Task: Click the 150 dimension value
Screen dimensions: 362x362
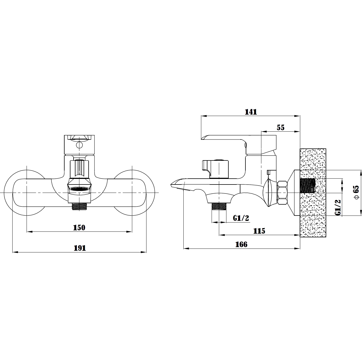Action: (79, 228)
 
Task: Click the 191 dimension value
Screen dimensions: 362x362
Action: (80, 248)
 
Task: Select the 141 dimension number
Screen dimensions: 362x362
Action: (251, 112)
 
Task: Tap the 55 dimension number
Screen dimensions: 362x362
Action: (281, 127)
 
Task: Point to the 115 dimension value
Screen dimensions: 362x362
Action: (259, 231)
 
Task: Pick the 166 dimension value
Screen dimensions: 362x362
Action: (242, 244)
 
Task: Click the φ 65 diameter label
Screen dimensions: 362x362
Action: (356, 192)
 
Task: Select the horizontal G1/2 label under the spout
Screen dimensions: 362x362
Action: (241, 218)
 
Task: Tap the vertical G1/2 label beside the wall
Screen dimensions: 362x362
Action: (338, 207)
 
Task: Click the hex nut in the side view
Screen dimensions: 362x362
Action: (282, 193)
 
